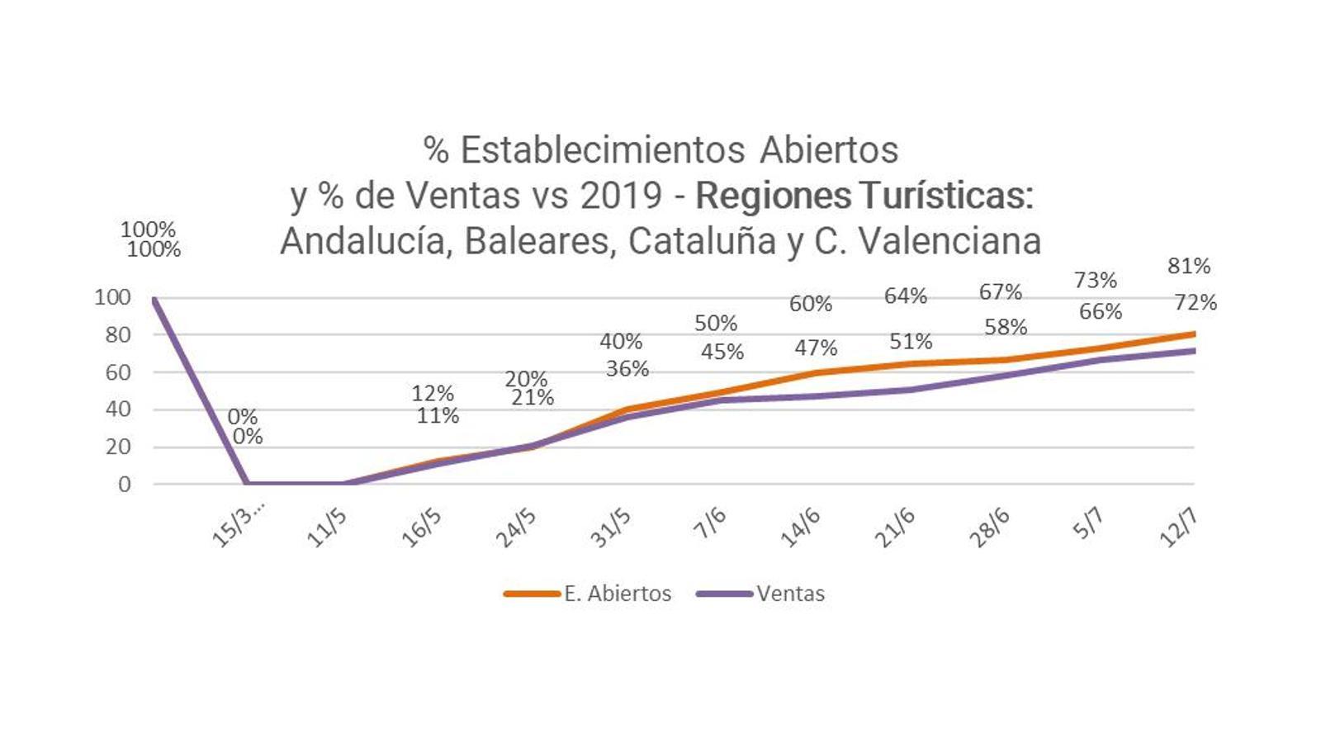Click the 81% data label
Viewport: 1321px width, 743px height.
pyautogui.click(x=1189, y=266)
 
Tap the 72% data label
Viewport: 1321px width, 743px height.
pyautogui.click(x=1196, y=303)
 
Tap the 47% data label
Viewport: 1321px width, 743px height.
pyautogui.click(x=816, y=348)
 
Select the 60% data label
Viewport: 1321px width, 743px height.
pyautogui.click(x=810, y=304)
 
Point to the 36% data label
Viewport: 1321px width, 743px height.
pyautogui.click(x=627, y=369)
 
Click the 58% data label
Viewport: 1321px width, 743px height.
pyautogui.click(x=1006, y=328)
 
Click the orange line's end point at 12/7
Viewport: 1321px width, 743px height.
pyautogui.click(x=1193, y=334)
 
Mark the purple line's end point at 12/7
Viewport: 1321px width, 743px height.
pyautogui.click(x=1193, y=351)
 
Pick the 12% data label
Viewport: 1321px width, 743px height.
pyautogui.click(x=433, y=394)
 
